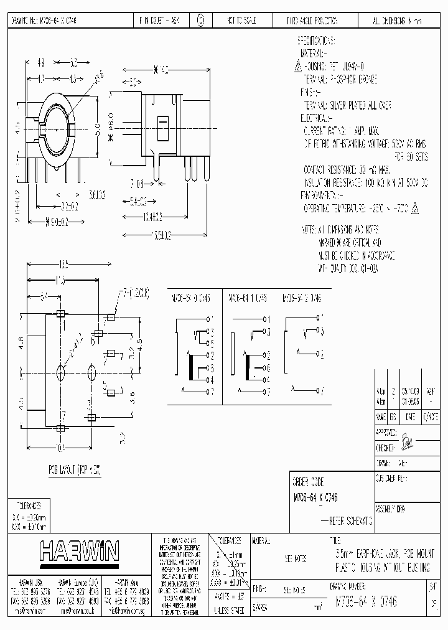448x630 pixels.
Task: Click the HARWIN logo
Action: click(x=79, y=551)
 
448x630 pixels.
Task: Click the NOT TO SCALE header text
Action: click(x=241, y=21)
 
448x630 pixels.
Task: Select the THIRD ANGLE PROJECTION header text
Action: click(x=311, y=21)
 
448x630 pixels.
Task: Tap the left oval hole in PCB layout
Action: click(x=61, y=373)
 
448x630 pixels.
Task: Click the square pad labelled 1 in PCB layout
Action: click(x=60, y=314)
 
